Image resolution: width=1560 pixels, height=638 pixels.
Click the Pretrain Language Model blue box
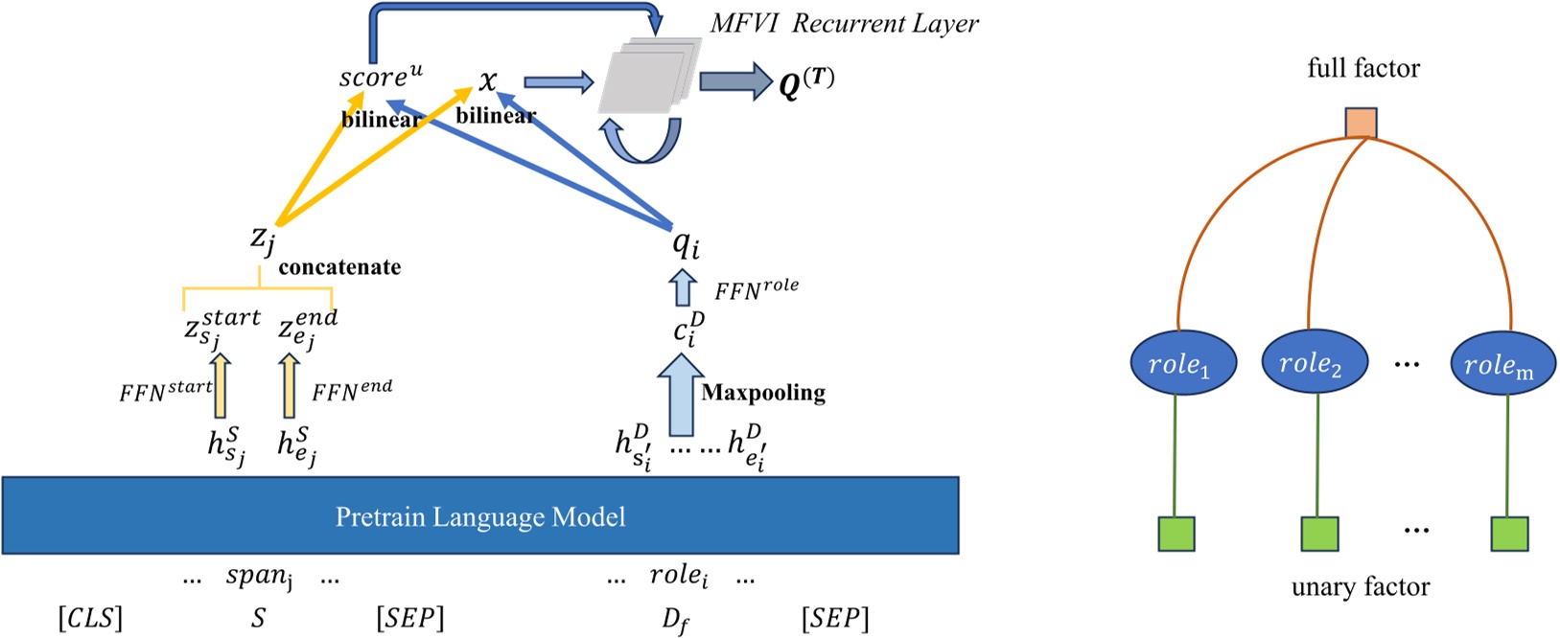pos(480,516)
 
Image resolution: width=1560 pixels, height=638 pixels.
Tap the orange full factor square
pos(1361,124)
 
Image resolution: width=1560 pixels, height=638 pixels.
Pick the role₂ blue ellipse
pos(1310,363)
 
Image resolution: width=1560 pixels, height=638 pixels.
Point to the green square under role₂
pos(1318,534)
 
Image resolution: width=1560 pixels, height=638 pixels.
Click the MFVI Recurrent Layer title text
pos(844,24)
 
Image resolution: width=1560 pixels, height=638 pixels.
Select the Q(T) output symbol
pos(805,84)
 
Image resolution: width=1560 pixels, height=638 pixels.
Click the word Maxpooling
pos(763,393)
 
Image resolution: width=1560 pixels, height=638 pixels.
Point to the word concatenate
pos(339,267)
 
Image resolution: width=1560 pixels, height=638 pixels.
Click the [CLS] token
pos(90,618)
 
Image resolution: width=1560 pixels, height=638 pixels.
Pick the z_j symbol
pos(262,237)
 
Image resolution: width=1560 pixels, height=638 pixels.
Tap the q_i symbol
pos(686,244)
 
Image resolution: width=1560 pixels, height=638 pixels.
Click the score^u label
pos(381,77)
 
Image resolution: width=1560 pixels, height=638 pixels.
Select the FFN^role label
pos(757,289)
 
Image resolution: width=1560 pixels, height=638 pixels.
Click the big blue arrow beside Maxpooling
pos(682,393)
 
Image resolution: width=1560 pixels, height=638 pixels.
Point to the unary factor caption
pos(1360,587)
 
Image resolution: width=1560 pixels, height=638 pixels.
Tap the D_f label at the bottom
pos(675,621)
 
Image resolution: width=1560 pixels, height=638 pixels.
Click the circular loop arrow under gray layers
pos(641,141)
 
